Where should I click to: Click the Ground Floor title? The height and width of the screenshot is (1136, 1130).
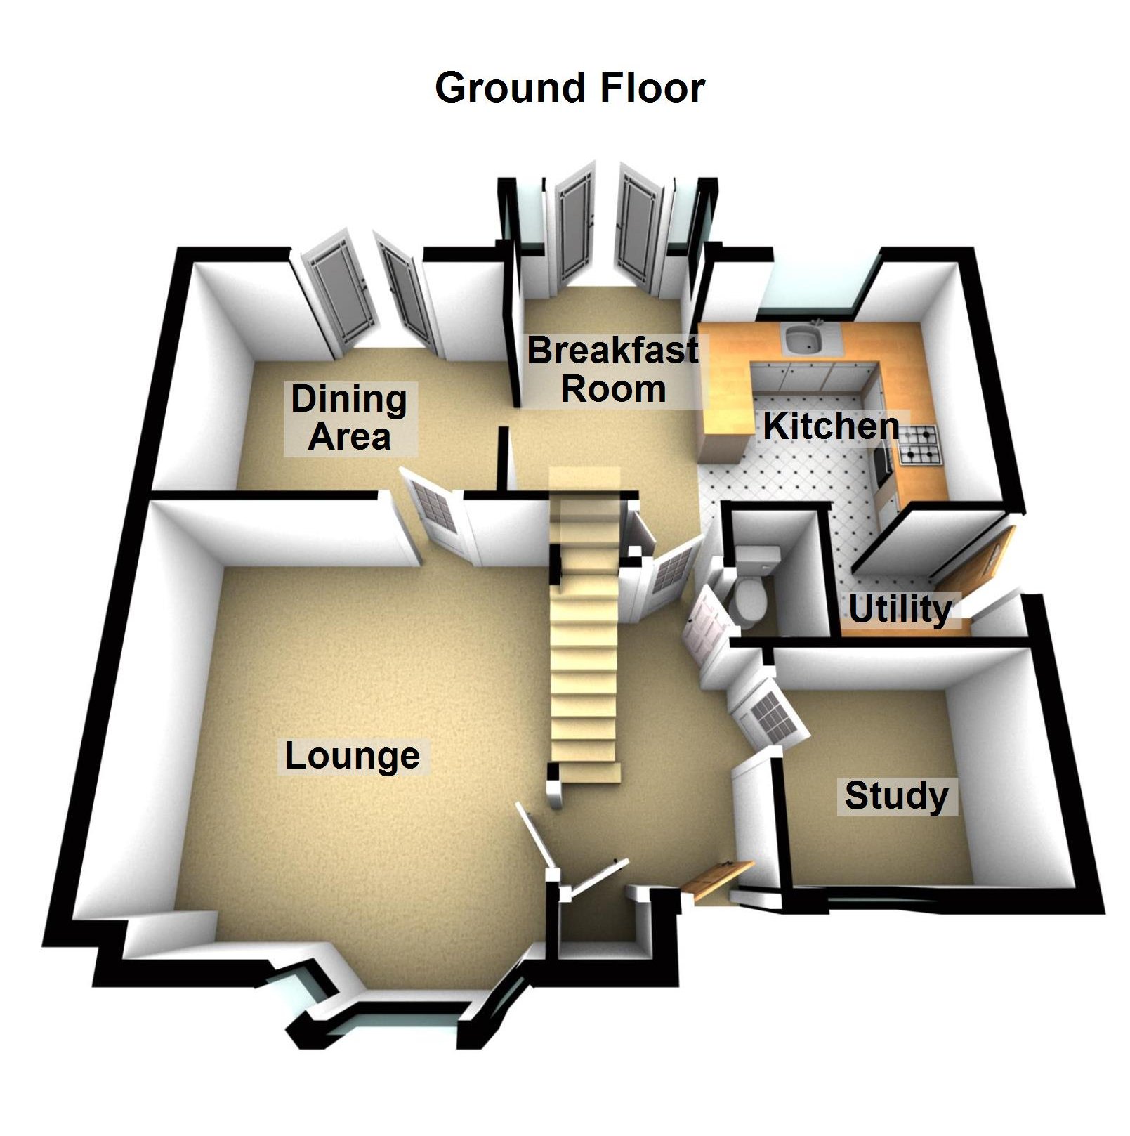(570, 89)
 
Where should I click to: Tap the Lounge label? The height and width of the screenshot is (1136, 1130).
(352, 757)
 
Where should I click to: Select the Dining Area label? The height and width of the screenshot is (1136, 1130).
(350, 418)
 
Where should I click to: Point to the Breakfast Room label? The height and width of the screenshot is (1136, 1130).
(613, 370)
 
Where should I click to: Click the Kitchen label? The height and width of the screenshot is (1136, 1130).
(831, 426)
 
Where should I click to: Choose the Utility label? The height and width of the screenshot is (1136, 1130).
(900, 609)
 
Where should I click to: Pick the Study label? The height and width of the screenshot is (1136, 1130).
(896, 796)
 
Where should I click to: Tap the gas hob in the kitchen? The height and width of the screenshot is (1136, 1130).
(919, 445)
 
